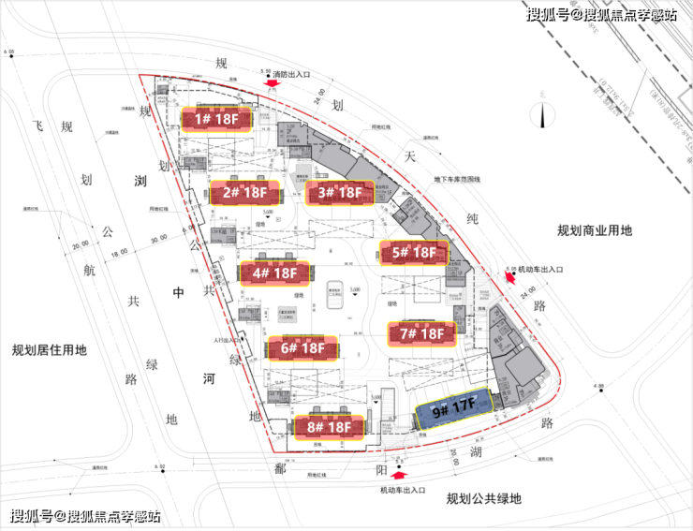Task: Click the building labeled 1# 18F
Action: pyautogui.click(x=216, y=119)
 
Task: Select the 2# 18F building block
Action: pyautogui.click(x=243, y=193)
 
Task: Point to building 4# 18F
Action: pyautogui.click(x=273, y=273)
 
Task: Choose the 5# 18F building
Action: pyautogui.click(x=413, y=252)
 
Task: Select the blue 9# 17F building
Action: pyautogui.click(x=453, y=409)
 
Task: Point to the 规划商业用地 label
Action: pyautogui.click(x=595, y=230)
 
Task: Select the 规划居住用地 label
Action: pyautogui.click(x=49, y=351)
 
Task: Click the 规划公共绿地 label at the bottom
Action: pyautogui.click(x=483, y=497)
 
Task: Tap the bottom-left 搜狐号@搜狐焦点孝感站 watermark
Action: pyautogui.click(x=85, y=516)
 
